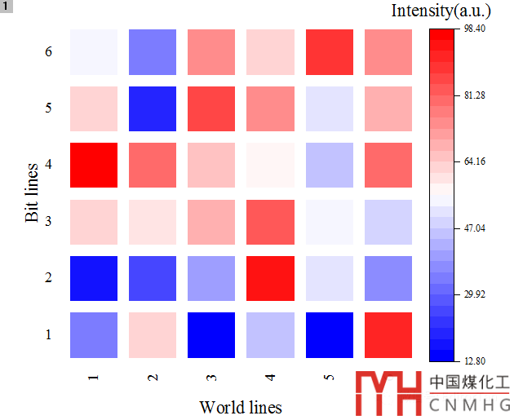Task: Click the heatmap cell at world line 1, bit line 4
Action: [x=94, y=165]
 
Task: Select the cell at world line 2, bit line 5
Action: [x=152, y=108]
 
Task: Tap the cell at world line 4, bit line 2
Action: [x=269, y=278]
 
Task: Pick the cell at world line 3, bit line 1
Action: [x=210, y=334]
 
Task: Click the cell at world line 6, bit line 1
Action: [x=388, y=334]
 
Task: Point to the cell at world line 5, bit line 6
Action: [x=329, y=52]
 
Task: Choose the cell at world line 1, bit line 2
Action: [x=94, y=278]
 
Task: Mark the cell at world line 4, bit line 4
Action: [x=269, y=165]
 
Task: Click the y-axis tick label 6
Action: [x=49, y=52]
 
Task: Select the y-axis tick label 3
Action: [x=49, y=221]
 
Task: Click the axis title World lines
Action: [x=241, y=407]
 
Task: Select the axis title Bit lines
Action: [x=33, y=193]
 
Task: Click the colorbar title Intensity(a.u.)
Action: [x=441, y=11]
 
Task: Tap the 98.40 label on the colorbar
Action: [x=475, y=29]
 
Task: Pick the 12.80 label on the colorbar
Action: [x=475, y=360]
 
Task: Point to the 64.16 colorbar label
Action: [x=475, y=161]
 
